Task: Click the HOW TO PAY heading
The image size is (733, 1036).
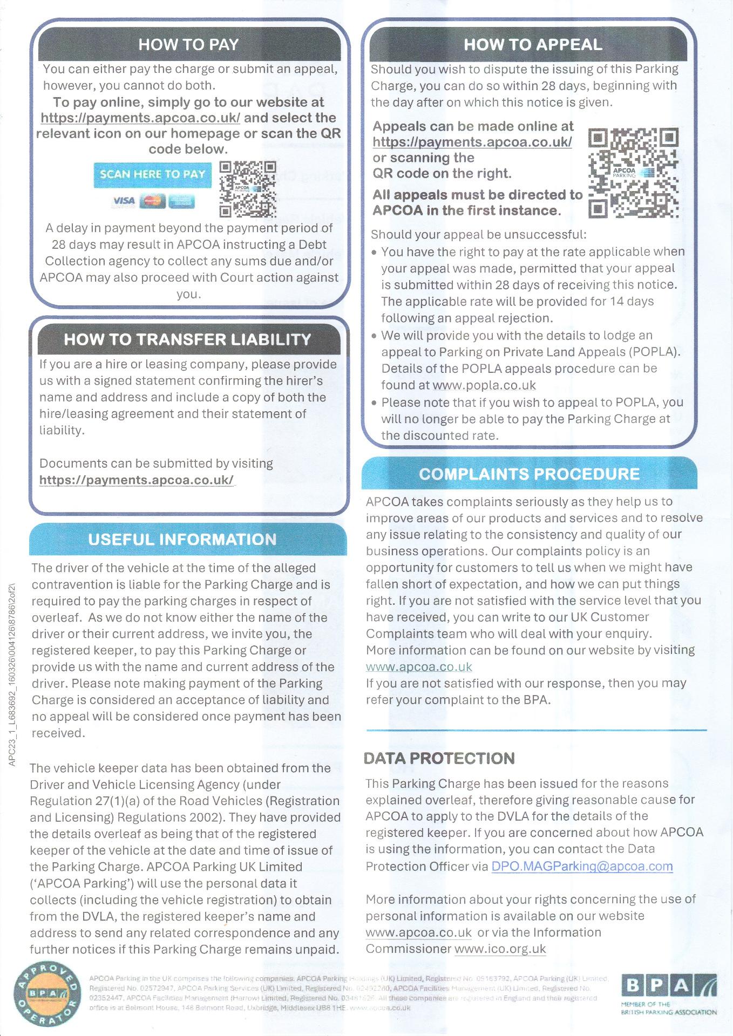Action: (x=188, y=44)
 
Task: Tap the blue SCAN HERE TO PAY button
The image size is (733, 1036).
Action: (x=152, y=174)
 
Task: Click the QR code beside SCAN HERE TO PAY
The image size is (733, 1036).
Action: (x=248, y=189)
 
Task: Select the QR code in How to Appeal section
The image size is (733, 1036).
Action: (x=633, y=173)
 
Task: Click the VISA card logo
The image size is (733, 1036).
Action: (x=123, y=201)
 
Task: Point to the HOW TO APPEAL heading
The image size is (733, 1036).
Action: (x=532, y=44)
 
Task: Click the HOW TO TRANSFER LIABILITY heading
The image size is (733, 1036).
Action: (x=187, y=339)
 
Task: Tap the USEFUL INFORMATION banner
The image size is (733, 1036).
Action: (x=182, y=539)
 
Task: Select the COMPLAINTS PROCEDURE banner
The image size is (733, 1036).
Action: (x=529, y=474)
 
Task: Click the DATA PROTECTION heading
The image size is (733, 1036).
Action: (x=439, y=758)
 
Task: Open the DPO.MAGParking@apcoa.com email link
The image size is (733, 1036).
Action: (x=582, y=867)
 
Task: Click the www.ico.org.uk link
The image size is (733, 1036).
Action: (x=500, y=949)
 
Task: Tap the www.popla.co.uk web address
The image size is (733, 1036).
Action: (x=484, y=385)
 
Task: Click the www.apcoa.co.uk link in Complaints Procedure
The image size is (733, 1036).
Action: (x=419, y=667)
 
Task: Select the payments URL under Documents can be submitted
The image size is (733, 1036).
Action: (x=137, y=480)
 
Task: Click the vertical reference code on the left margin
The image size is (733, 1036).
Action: (x=12, y=672)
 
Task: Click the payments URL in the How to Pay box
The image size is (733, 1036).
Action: (x=140, y=118)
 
